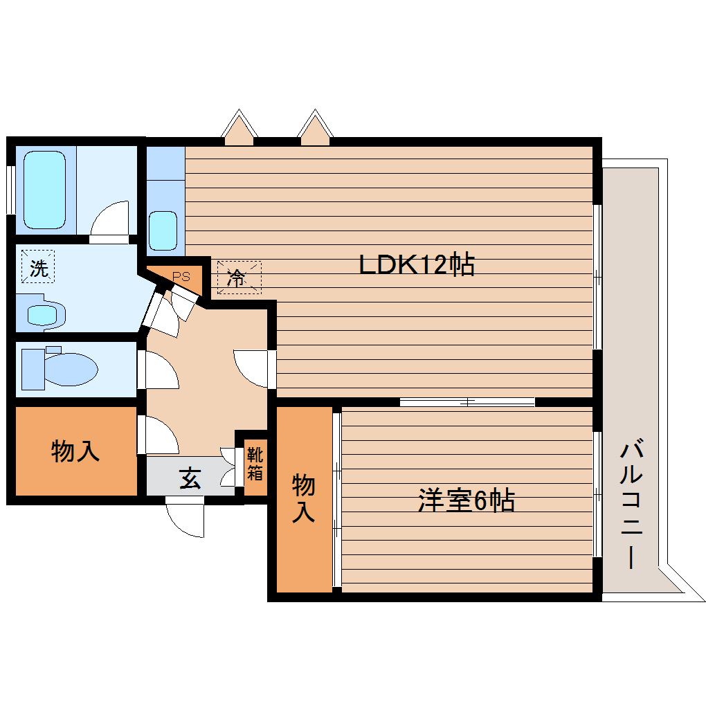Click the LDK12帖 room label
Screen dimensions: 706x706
point(416,264)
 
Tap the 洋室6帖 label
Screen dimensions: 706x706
point(465,500)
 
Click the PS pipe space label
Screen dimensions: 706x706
point(181,275)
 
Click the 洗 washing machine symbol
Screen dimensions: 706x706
point(38,268)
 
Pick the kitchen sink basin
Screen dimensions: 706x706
point(163,230)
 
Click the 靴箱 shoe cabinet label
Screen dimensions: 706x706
point(255,464)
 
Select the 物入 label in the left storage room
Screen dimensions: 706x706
point(75,452)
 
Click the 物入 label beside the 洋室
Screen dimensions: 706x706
point(304,498)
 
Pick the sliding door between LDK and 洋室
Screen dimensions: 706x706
point(467,401)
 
